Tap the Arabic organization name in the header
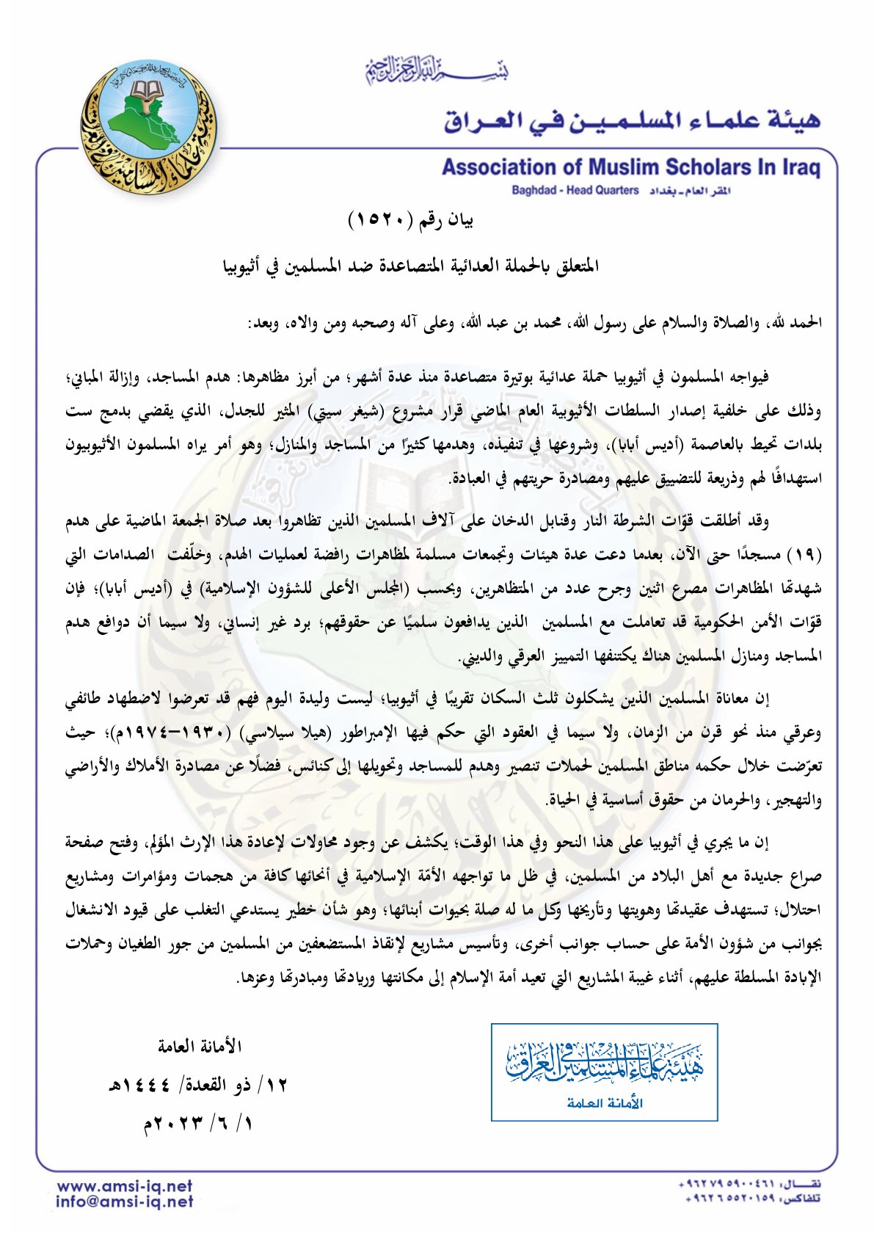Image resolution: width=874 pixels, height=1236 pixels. click(x=631, y=120)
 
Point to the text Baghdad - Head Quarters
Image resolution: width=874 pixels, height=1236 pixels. click(x=575, y=191)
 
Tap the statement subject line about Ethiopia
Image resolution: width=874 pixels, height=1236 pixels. click(x=411, y=266)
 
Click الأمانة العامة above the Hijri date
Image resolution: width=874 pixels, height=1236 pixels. click(x=200, y=1046)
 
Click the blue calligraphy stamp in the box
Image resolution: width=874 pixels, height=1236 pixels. click(x=604, y=1064)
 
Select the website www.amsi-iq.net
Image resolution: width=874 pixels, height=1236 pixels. click(x=125, y=1186)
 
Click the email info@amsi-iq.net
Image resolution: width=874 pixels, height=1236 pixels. click(x=125, y=1202)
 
